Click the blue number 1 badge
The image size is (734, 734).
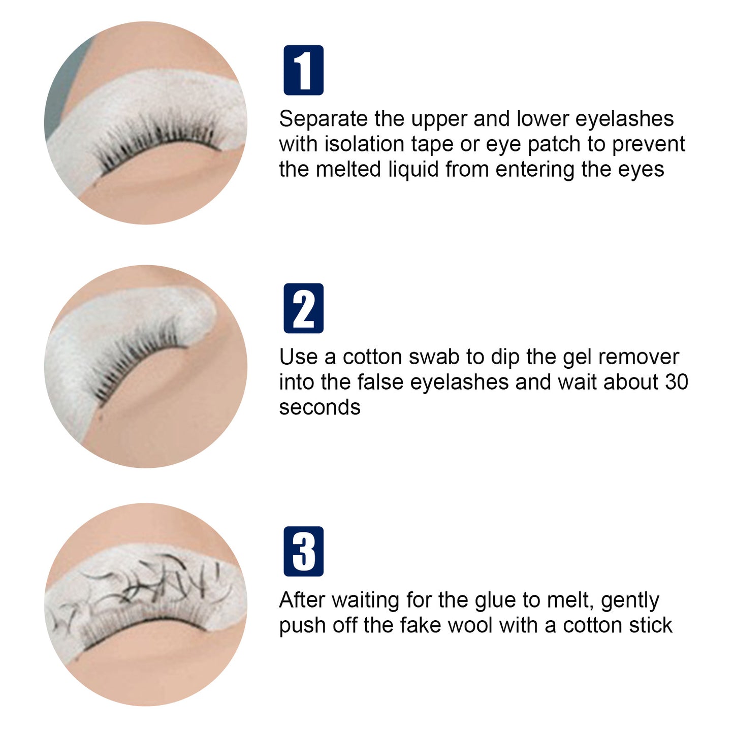[303, 70]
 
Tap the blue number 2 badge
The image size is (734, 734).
[303, 308]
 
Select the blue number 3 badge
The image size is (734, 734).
[303, 551]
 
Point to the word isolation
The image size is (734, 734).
[365, 144]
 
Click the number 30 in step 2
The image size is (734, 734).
[676, 382]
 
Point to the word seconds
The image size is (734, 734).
[320, 407]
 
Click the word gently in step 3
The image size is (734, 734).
[630, 601]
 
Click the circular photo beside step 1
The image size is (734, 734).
[146, 122]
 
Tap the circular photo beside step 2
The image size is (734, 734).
[146, 366]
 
